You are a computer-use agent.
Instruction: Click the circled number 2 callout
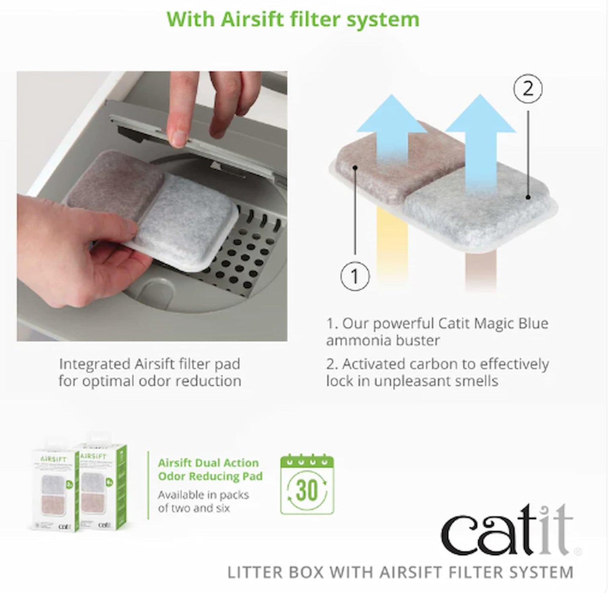(528, 89)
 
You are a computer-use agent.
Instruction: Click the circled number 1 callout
(355, 276)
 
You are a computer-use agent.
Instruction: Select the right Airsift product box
(103, 485)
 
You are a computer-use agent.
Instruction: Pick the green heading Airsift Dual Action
(208, 463)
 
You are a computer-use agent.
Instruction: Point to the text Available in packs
(203, 495)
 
